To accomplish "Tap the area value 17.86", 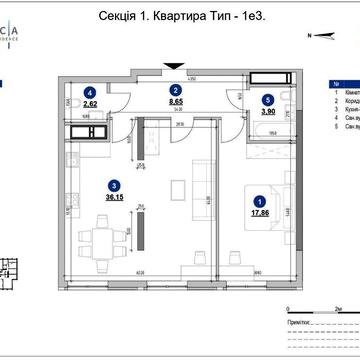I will click(x=263, y=213).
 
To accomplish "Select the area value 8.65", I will click(x=175, y=102).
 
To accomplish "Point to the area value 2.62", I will click(x=89, y=102).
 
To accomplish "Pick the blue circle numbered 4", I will click(x=89, y=90).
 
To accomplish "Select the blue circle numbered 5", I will click(x=267, y=100).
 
